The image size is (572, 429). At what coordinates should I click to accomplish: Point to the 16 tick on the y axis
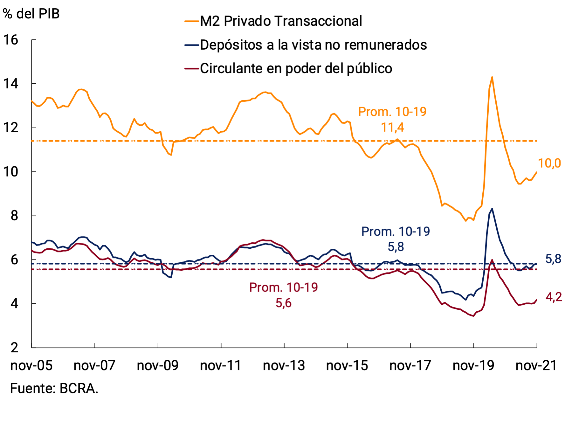click(10, 40)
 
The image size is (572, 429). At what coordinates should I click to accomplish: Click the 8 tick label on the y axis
click(14, 216)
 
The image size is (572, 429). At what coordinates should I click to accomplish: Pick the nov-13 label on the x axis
click(284, 365)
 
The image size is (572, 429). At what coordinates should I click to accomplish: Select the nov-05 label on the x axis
click(31, 365)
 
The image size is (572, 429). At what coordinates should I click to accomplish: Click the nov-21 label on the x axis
click(536, 365)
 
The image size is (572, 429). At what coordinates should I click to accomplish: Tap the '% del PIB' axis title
click(31, 14)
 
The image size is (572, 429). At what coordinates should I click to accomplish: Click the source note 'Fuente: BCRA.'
click(54, 388)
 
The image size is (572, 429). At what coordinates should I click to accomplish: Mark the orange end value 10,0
click(549, 163)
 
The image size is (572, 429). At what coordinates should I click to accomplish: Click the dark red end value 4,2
click(554, 297)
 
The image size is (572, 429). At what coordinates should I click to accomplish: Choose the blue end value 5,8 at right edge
click(553, 259)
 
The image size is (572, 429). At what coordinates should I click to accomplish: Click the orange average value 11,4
click(392, 128)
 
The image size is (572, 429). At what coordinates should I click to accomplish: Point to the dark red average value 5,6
click(283, 303)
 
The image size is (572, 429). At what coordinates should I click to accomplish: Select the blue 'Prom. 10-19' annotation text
click(396, 232)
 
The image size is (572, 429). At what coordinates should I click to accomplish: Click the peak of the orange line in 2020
click(492, 77)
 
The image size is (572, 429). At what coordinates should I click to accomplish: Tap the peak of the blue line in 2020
click(492, 209)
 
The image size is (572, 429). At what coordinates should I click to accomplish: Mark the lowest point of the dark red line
click(473, 316)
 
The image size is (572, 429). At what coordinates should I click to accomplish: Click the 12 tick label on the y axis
click(10, 128)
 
